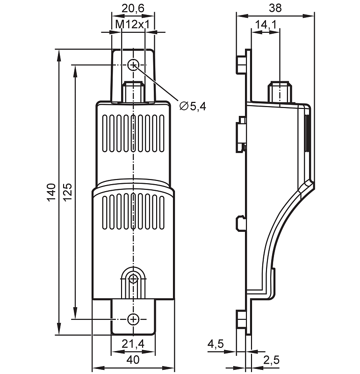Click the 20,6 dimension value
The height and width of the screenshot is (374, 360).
point(133,8)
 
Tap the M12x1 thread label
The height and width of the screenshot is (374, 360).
point(133,24)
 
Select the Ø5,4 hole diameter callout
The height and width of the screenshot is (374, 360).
point(193,107)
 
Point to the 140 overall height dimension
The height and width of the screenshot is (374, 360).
point(51,192)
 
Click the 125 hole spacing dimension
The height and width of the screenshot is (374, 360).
point(67,192)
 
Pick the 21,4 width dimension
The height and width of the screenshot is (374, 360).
point(133,344)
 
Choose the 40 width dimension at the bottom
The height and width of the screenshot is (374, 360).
point(133,360)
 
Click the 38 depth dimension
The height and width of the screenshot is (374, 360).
point(275,8)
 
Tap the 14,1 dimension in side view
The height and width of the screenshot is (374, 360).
point(266,24)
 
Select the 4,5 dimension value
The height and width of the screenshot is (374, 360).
point(216,344)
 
